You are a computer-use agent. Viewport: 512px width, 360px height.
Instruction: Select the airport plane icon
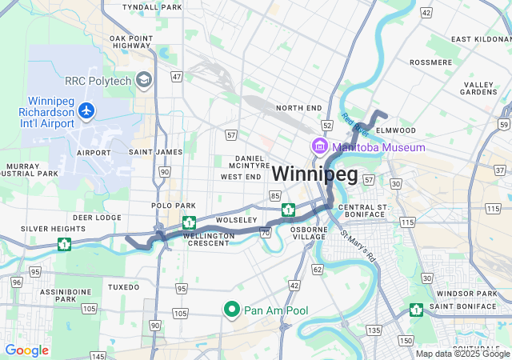[86, 113]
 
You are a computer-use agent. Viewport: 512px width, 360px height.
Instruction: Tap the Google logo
[26, 350]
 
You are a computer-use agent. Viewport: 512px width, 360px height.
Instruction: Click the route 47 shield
[177, 77]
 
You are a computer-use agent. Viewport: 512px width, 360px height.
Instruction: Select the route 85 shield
[275, 195]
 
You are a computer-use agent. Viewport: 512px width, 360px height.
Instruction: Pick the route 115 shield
[407, 221]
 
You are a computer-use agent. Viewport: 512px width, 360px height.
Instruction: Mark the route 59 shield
[502, 124]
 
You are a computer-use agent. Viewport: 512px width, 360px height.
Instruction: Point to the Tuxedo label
[123, 286]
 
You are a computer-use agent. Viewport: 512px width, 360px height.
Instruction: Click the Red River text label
[354, 124]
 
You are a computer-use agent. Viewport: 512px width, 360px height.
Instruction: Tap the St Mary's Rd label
[358, 247]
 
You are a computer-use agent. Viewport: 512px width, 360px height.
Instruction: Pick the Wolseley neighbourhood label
[237, 220]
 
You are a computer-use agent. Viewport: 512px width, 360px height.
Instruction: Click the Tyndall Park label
[152, 6]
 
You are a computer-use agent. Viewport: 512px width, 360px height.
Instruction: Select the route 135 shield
[374, 330]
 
